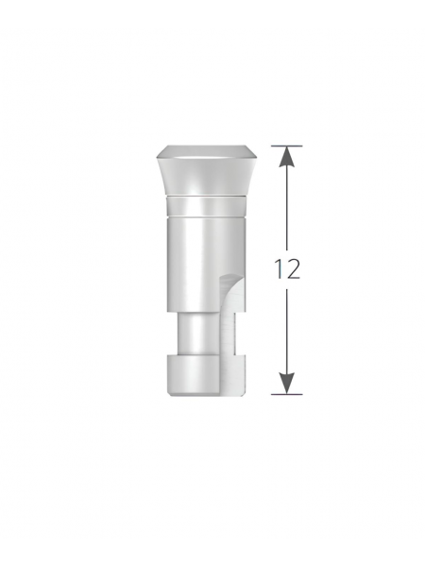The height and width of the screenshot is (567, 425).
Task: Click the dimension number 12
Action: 287,268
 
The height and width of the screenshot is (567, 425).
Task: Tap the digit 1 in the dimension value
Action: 279,268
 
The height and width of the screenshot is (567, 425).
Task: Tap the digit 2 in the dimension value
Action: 293,268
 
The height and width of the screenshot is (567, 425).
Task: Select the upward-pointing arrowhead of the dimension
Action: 286,157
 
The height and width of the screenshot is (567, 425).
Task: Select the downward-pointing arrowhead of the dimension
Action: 286,383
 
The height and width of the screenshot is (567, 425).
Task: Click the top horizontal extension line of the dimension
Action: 286,146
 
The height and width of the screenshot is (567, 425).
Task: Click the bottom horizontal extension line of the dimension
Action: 286,394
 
